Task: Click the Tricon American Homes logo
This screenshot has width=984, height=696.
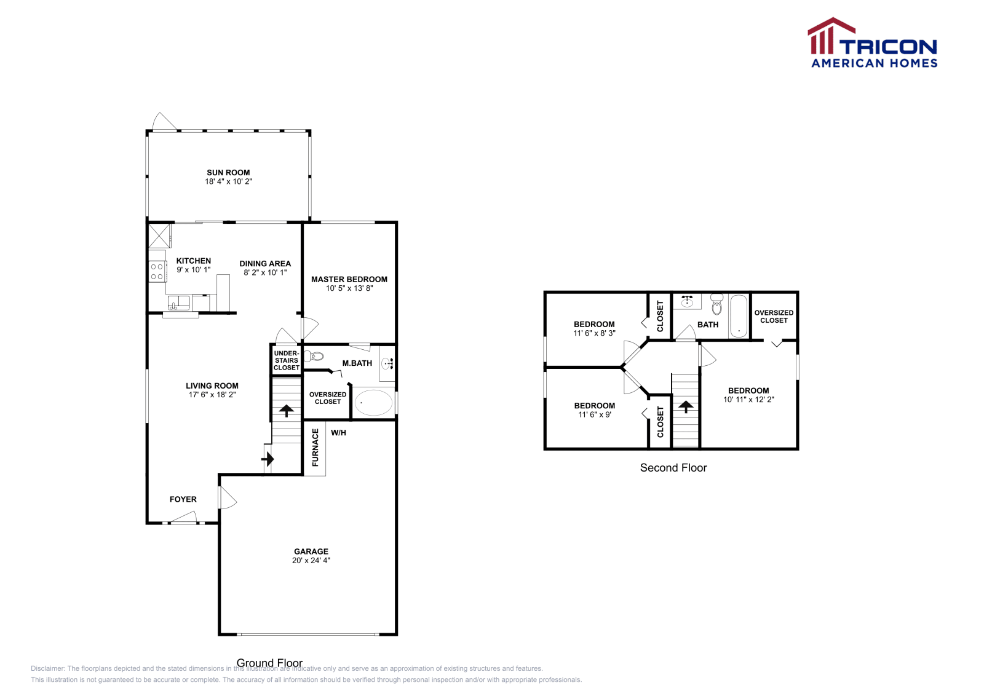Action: tap(872, 43)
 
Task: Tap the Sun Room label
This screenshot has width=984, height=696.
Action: tap(228, 173)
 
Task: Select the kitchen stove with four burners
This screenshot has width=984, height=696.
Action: tap(157, 271)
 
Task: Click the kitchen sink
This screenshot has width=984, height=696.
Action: tap(179, 303)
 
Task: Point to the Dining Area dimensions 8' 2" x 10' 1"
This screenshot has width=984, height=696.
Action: tap(265, 272)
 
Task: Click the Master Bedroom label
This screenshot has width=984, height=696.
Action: tap(349, 279)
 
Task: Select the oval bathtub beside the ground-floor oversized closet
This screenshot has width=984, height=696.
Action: tap(373, 403)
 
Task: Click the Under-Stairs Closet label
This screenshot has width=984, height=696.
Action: tap(286, 360)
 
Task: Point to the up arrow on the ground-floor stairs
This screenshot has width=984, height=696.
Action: tap(286, 410)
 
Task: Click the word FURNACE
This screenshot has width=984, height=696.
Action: tap(315, 447)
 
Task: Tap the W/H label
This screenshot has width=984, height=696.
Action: tap(338, 433)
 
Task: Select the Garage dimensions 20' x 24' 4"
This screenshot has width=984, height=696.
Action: tap(311, 560)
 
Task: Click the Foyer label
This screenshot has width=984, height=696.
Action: tap(183, 499)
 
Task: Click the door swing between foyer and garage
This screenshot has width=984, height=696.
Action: tap(227, 497)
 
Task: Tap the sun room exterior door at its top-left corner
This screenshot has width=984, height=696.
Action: tap(164, 122)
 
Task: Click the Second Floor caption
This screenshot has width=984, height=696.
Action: tap(673, 467)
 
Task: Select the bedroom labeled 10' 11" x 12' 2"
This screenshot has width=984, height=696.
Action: tap(748, 395)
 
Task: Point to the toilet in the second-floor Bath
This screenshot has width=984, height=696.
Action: tap(716, 304)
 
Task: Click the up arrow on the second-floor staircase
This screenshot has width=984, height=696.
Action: tap(685, 406)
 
